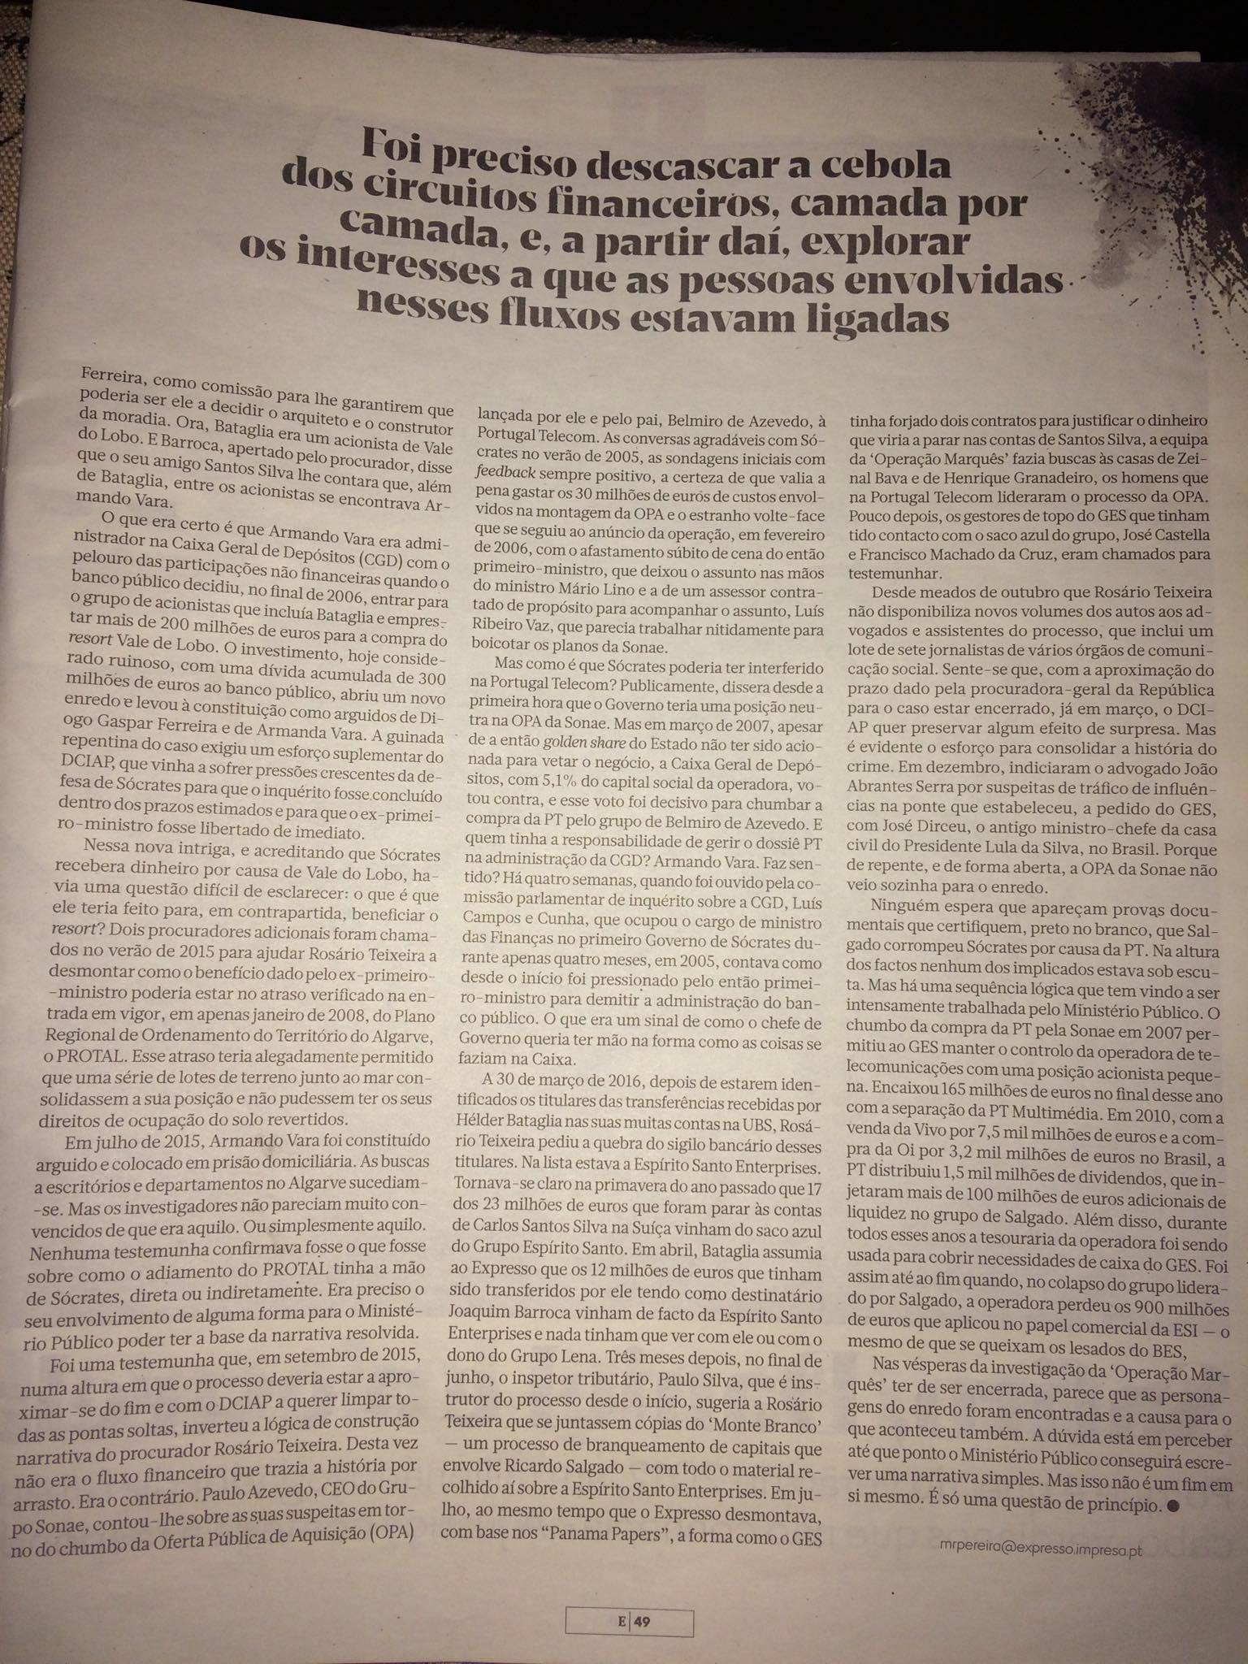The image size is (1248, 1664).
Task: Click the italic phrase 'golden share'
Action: [582, 743]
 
